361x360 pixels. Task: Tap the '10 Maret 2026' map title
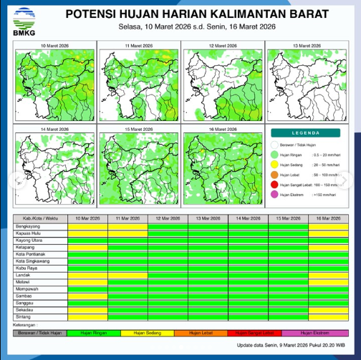(54, 44)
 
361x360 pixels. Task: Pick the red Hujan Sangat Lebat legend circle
(275, 184)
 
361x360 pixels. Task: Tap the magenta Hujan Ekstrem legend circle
(275, 194)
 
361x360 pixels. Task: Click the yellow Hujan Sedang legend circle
(275, 164)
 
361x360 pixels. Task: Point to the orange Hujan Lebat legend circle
(275, 174)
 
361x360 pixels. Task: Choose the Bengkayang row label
(29, 225)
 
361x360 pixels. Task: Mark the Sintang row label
(24, 316)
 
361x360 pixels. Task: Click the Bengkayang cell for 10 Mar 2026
(87, 225)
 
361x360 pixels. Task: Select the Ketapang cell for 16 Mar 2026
(328, 247)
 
